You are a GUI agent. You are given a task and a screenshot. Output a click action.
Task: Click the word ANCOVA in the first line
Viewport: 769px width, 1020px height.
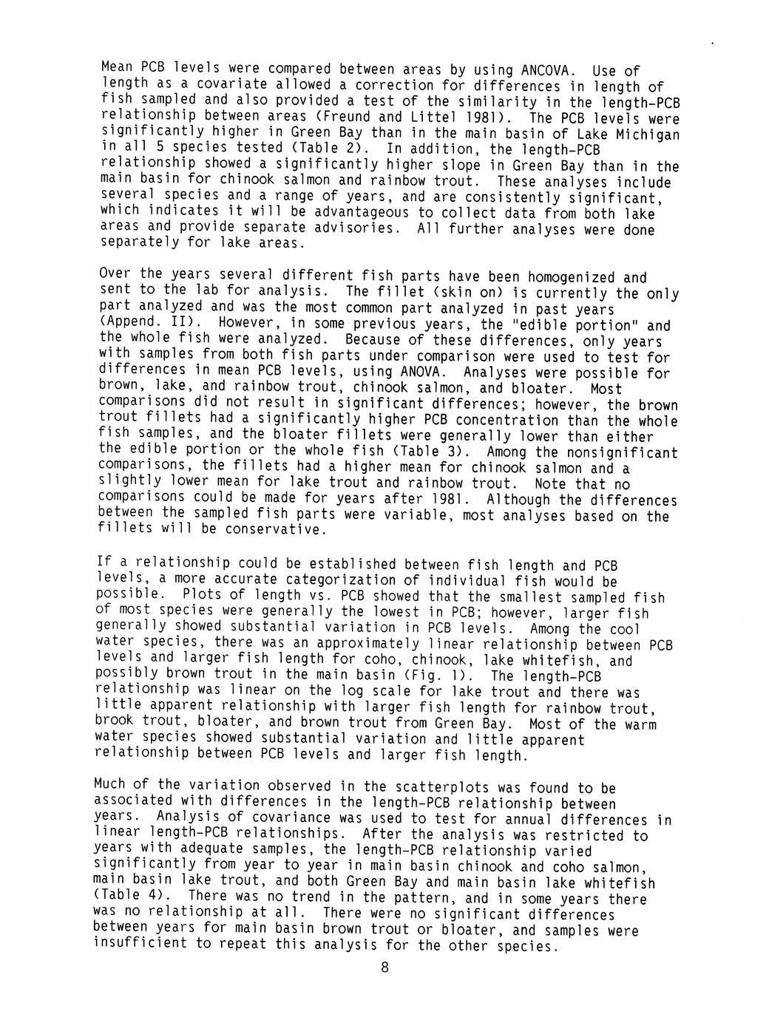click(548, 72)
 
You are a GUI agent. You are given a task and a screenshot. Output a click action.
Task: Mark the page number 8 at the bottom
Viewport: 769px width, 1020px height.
click(384, 970)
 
